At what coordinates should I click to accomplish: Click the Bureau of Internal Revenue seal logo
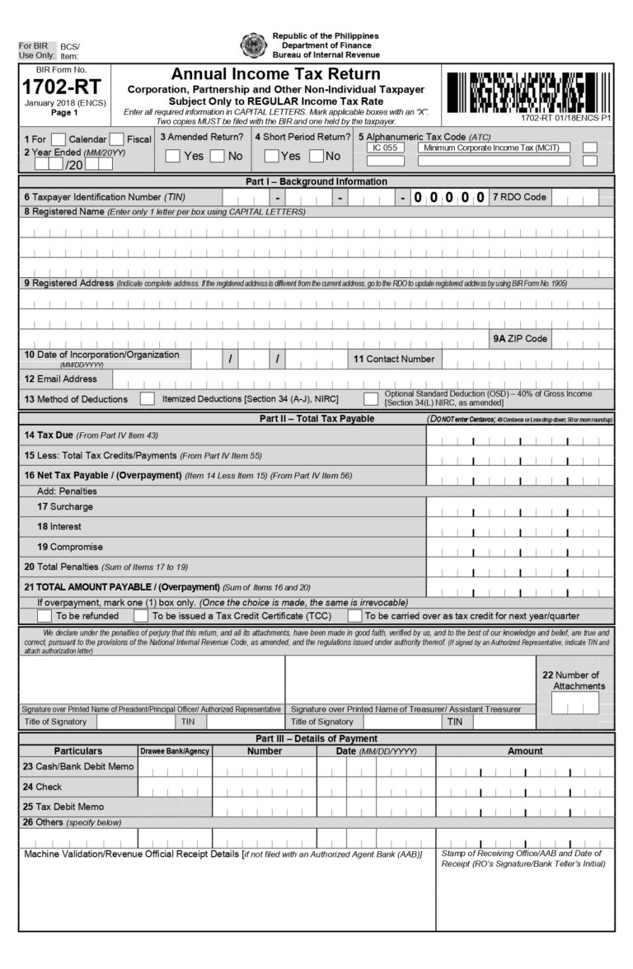coord(252,45)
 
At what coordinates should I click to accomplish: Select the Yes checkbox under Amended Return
coord(173,156)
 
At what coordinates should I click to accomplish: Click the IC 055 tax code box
coord(385,148)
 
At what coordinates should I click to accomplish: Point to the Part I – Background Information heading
coord(316,181)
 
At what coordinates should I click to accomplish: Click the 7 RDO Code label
coord(519,197)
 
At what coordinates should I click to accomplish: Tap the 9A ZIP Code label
coord(520,339)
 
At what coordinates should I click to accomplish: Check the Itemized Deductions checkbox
coord(148,399)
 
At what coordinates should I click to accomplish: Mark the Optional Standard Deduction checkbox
coord(371,399)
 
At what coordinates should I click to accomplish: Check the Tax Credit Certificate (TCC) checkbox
coord(141,615)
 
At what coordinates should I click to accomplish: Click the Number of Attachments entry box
coord(574,703)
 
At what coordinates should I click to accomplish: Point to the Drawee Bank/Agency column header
coord(175,751)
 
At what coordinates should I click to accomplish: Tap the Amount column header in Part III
coord(525,751)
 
